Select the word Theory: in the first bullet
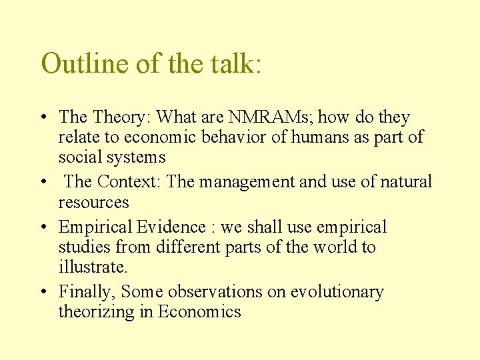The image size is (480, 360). pyautogui.click(x=120, y=117)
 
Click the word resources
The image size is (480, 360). pyautogui.click(x=93, y=202)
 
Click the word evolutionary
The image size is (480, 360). pyautogui.click(x=336, y=292)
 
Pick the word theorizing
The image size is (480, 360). pyautogui.click(x=97, y=312)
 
